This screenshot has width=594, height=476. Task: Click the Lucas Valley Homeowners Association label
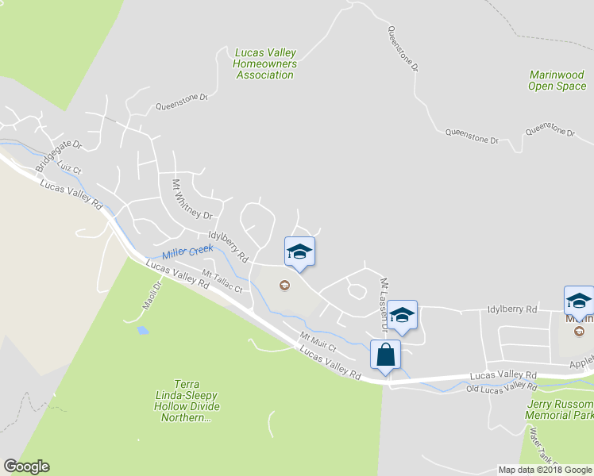[265, 64]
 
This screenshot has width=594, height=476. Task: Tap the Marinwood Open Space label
[557, 80]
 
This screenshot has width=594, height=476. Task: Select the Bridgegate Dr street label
[59, 156]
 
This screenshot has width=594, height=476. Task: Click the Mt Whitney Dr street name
[193, 199]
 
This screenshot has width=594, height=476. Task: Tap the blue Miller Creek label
[187, 252]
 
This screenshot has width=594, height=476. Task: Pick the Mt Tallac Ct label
[221, 282]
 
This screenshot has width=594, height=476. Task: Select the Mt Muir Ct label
[318, 342]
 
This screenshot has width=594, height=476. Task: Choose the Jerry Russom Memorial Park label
[559, 409]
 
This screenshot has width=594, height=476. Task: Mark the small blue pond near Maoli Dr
[142, 328]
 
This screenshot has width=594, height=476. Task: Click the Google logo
[26, 466]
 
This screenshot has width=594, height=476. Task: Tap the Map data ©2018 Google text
[545, 470]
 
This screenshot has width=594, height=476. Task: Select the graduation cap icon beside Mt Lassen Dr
[403, 316]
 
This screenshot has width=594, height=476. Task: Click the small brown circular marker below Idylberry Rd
[284, 286]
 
